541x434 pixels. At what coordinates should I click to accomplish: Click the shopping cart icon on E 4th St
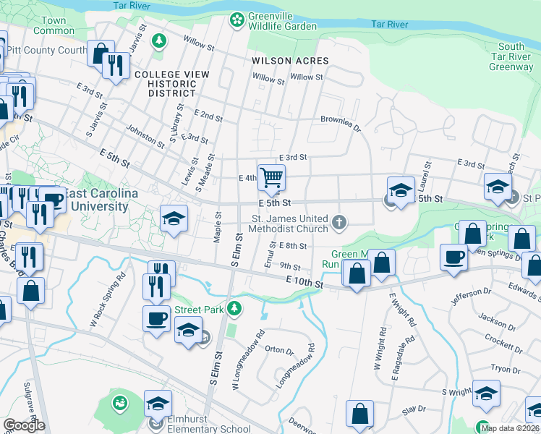(x=271, y=176)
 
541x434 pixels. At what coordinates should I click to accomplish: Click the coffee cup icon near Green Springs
(x=454, y=257)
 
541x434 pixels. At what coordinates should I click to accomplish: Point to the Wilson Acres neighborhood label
(x=290, y=61)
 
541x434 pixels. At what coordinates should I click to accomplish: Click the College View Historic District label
(x=172, y=84)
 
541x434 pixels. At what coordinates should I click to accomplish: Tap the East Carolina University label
(x=96, y=200)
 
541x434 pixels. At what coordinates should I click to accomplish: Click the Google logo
(x=24, y=425)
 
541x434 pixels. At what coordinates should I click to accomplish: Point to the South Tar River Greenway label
(x=511, y=56)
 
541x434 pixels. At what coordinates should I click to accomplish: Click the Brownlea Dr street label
(x=340, y=122)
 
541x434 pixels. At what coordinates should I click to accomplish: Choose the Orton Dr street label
(x=279, y=351)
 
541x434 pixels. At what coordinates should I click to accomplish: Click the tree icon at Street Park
(x=234, y=310)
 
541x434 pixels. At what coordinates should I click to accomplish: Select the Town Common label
(x=54, y=25)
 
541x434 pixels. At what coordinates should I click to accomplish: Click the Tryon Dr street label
(x=500, y=368)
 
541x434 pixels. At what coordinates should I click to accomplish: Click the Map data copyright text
(x=510, y=428)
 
